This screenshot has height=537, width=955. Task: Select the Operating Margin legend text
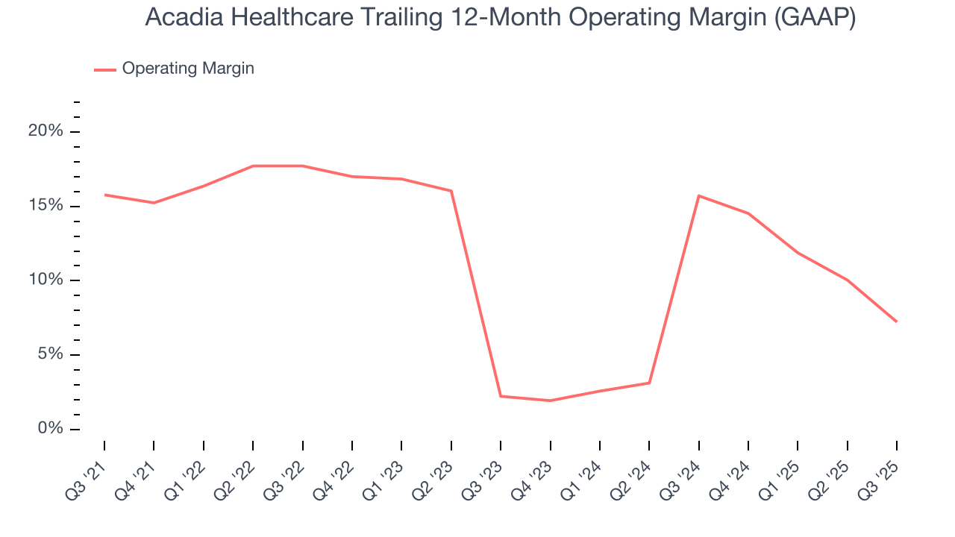pos(188,69)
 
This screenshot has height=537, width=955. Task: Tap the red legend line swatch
pos(104,69)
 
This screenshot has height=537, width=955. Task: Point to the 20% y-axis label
pos(46,131)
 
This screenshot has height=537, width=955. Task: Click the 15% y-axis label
pos(46,206)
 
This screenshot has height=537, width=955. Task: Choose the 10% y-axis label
pos(46,280)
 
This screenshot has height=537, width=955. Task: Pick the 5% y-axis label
pos(51,354)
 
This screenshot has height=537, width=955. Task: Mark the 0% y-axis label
pos(51,429)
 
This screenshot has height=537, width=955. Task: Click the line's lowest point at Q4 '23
pos(550,401)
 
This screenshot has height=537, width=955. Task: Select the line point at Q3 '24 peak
pos(698,195)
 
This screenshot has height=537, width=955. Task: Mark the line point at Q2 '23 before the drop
pos(451,191)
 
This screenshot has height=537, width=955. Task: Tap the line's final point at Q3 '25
pos(896,321)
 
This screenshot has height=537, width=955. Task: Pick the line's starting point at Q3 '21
pos(104,195)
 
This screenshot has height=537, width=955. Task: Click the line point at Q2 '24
pos(649,383)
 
